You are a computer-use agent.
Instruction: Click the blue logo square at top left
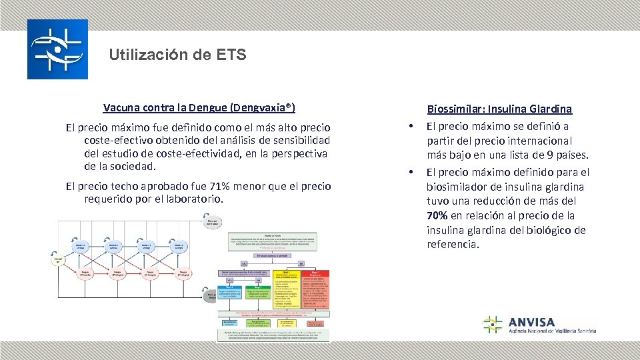click(57, 49)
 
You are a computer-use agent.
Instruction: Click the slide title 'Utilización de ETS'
click(178, 55)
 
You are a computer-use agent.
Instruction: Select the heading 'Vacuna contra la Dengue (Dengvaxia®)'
click(199, 107)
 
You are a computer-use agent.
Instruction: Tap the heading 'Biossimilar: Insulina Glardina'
click(499, 109)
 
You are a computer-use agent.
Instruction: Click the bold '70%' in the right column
click(438, 215)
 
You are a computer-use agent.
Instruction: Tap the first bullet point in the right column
click(412, 127)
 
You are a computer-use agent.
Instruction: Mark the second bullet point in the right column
click(412, 172)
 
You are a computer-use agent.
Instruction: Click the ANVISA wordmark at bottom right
click(531, 322)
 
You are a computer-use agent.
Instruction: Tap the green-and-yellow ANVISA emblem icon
click(493, 325)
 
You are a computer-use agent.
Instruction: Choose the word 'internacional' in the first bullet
click(539, 141)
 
